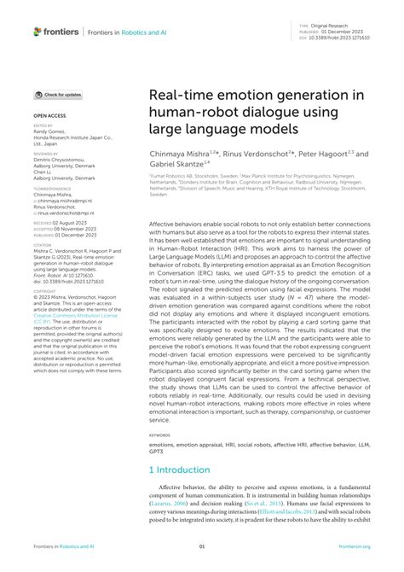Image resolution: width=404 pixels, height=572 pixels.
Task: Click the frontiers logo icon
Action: [x=38, y=31]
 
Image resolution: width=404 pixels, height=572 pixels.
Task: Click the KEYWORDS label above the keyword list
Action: [x=160, y=434]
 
